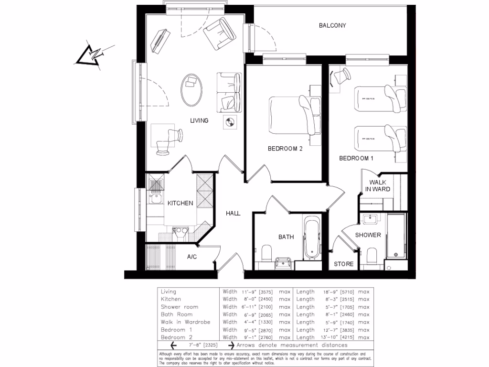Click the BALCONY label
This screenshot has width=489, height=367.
click(332, 25)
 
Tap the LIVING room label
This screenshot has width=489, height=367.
click(199, 121)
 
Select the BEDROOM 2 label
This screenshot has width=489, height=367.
click(285, 149)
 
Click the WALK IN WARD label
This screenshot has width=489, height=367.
click(378, 185)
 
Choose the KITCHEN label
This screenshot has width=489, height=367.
click(180, 203)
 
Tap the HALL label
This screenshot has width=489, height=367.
click(233, 214)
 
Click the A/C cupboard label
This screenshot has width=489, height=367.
click(191, 257)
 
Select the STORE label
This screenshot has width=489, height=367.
click(343, 264)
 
